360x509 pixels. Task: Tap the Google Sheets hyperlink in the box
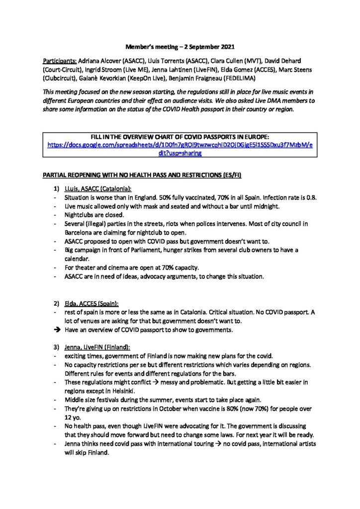tap(180, 145)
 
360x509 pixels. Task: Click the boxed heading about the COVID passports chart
tap(180, 137)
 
